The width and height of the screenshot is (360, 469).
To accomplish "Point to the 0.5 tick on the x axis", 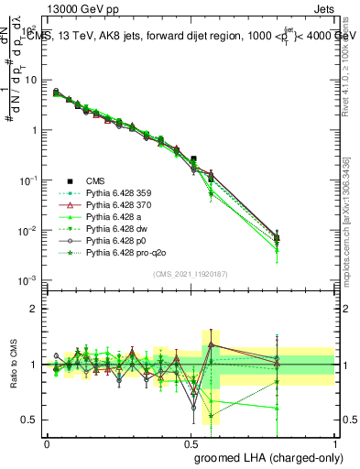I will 191,442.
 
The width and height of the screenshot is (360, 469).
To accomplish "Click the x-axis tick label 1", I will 335,442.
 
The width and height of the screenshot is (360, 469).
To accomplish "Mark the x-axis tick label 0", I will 47,442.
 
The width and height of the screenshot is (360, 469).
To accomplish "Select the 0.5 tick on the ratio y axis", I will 30,420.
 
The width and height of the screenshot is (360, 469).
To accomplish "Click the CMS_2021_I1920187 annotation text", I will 191,272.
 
